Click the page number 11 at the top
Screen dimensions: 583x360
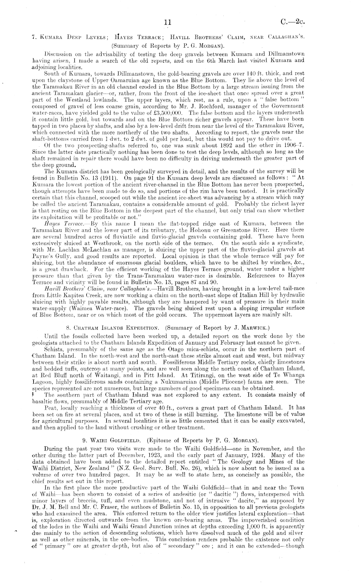click(x=167, y=22)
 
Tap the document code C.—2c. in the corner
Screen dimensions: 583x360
click(x=293, y=22)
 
